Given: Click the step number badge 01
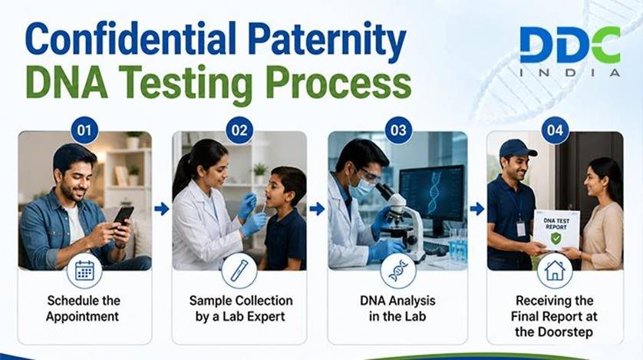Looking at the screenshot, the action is (84, 130).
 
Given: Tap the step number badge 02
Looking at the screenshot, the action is (239, 130).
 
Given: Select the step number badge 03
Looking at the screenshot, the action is (398, 130).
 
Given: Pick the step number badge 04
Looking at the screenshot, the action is (555, 130).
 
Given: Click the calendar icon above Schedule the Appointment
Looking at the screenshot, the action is (84, 271).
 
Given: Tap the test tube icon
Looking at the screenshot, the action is (239, 271).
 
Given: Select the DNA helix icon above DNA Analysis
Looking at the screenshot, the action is (398, 271).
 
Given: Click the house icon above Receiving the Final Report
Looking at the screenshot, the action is (555, 271).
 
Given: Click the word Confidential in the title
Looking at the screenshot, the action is (130, 39).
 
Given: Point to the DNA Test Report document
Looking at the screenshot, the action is (556, 230).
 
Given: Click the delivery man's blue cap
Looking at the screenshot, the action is (516, 148).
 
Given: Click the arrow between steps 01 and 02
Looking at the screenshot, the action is (162, 209).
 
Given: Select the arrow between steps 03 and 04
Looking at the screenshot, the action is (477, 209).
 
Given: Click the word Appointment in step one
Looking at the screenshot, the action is (82, 316).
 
